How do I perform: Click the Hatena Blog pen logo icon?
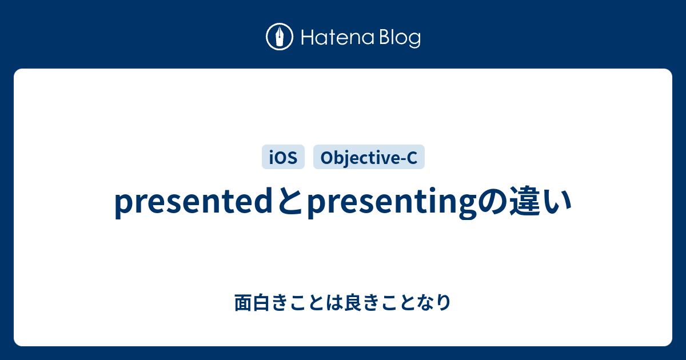(280, 37)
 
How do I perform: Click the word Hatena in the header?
(338, 37)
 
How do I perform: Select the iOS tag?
(283, 157)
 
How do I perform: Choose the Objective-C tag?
(369, 157)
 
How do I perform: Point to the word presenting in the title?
(392, 203)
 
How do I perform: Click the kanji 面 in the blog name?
(243, 302)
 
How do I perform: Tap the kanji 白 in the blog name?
(261, 302)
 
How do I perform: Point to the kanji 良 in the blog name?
(353, 302)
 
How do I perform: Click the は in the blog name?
(334, 302)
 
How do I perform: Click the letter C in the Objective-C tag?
(412, 158)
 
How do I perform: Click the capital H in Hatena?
(308, 38)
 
